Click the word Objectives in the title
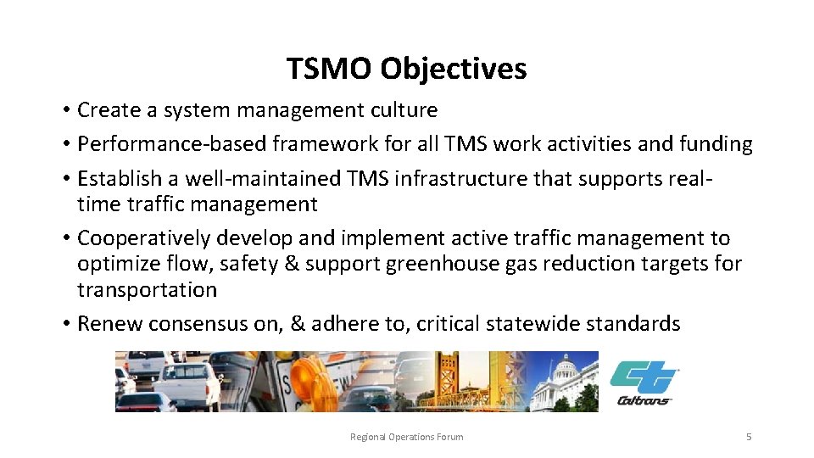coord(453,70)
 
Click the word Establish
coord(119,180)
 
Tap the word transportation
coord(147,290)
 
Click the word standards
coord(638,324)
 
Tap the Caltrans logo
coord(644,383)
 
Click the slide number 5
coord(749,437)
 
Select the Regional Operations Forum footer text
coord(407,437)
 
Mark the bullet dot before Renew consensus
coord(65,325)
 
